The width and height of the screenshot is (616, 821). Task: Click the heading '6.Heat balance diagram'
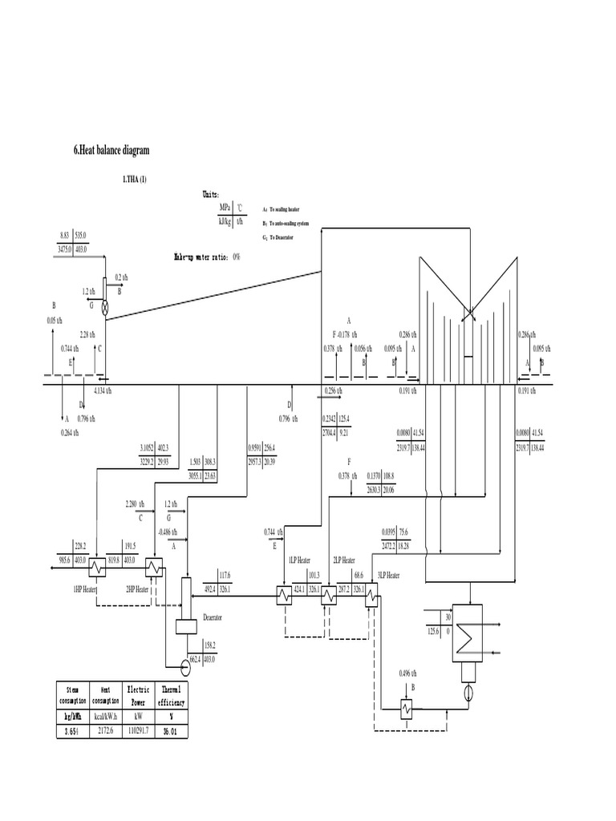[111, 150]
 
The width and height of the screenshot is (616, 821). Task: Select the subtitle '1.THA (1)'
[135, 180]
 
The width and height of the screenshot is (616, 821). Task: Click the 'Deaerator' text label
[213, 617]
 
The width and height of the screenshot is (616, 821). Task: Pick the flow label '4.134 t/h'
[103, 390]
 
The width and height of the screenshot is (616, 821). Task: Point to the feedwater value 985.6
[64, 561]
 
